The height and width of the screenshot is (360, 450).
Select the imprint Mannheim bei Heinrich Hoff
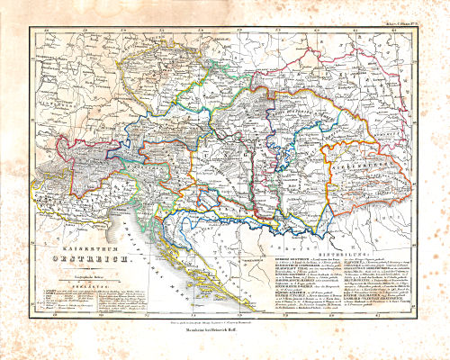[225, 328]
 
